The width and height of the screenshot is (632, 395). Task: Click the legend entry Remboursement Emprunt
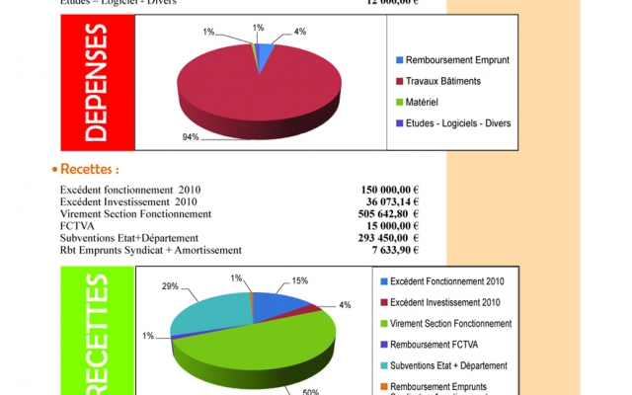pos(455,60)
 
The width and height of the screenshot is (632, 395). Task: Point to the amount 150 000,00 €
pos(387,189)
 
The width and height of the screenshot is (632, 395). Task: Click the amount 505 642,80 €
pos(387,213)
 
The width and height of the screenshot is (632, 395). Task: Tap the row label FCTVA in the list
pos(74,225)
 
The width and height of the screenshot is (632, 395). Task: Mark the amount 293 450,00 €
pos(387,238)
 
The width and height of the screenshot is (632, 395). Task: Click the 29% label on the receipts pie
pos(170,285)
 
